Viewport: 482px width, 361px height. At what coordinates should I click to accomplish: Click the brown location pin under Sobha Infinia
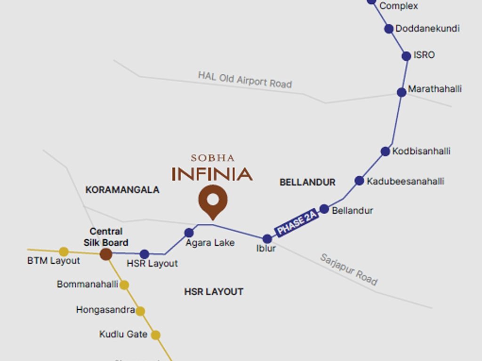coord(213,200)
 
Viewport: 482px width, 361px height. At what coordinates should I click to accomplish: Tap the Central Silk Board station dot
coord(106,254)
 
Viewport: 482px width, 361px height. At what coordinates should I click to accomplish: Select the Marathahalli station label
coord(435,89)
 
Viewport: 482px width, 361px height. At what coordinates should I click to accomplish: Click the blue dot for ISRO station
coord(406,56)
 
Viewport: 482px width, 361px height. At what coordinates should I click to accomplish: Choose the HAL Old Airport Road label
coord(245,79)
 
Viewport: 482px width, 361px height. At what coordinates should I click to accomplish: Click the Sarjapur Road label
coord(349,269)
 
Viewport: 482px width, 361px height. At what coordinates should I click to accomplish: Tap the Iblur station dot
coord(267,239)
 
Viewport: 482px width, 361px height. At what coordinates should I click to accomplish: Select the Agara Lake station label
coord(210,243)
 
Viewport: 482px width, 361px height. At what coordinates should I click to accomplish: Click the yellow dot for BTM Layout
coord(64,251)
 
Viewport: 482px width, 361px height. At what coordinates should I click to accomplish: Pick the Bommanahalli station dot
coord(124,285)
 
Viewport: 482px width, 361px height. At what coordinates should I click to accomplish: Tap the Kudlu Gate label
coord(123,334)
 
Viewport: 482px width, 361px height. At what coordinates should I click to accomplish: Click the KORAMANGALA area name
coord(122,190)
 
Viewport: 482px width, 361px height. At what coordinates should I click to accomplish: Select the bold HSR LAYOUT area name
coord(214,292)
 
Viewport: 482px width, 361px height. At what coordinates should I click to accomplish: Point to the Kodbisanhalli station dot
coord(386,151)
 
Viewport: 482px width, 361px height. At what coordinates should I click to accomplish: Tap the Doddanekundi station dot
coord(389,29)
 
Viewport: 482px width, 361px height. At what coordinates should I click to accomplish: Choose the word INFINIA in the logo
coord(212,174)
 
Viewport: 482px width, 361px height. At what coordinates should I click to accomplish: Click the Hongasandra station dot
coord(140,311)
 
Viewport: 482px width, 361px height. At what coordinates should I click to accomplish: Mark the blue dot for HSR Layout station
coord(145,254)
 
